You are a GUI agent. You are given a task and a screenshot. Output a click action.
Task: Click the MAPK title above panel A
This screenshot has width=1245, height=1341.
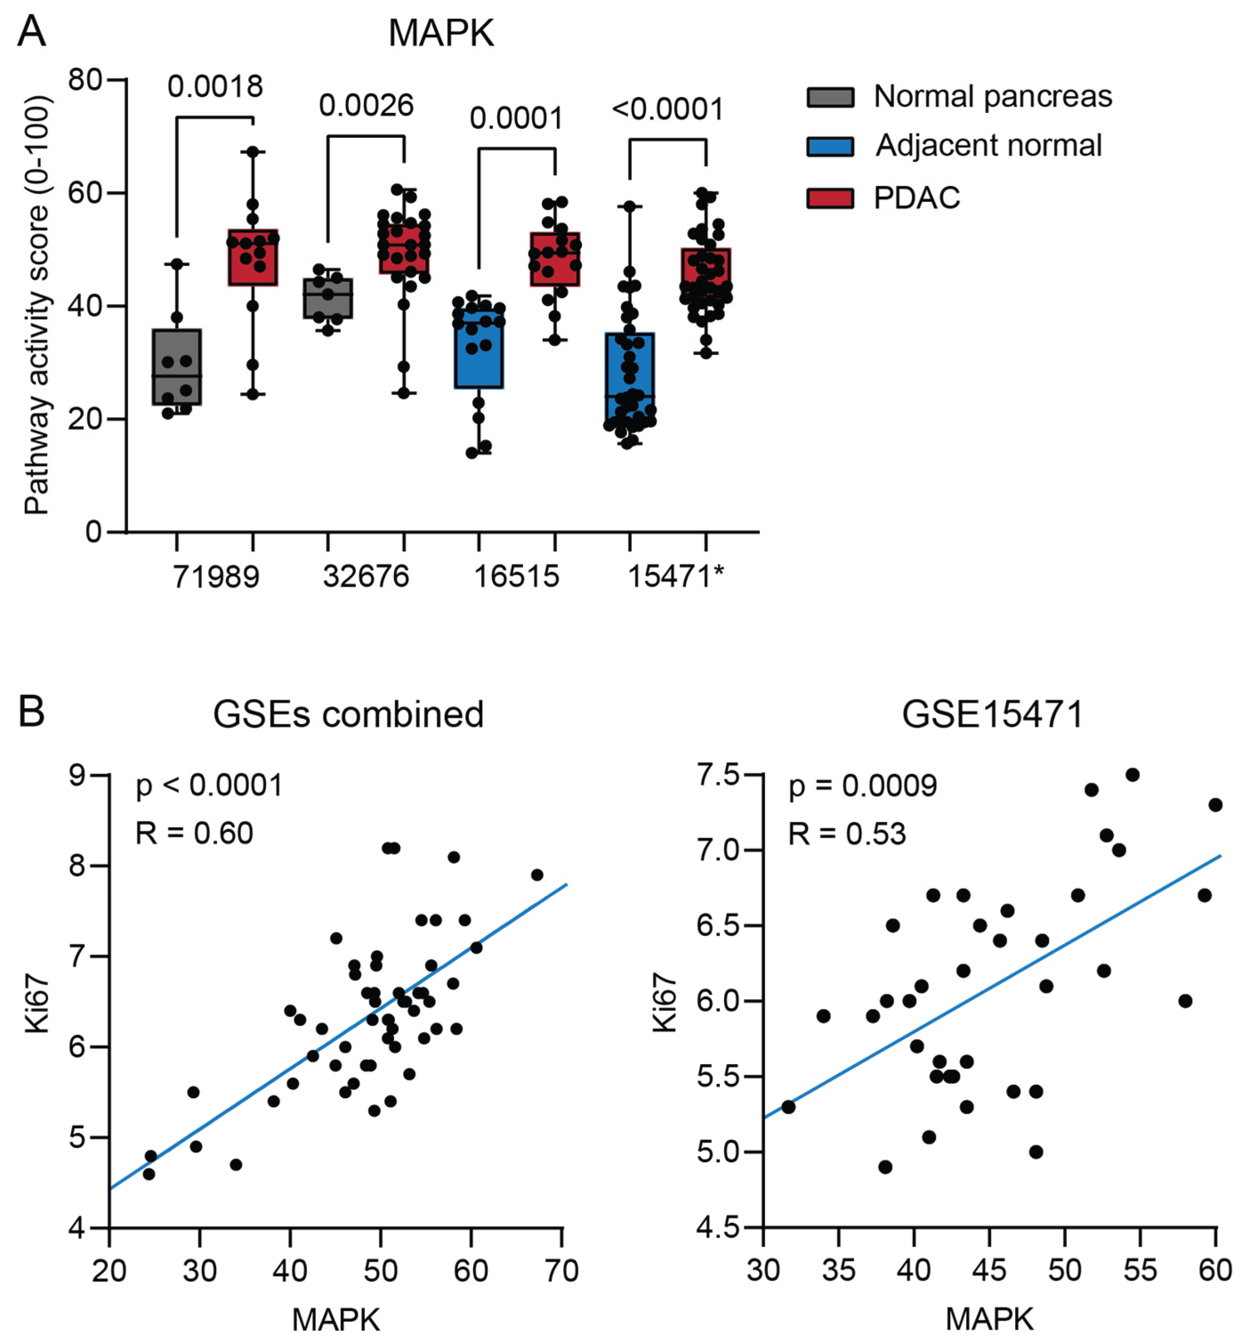(x=441, y=32)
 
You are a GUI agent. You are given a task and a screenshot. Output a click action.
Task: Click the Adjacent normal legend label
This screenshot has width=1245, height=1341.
(x=988, y=145)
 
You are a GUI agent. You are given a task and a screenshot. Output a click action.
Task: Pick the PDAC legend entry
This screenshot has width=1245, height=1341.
(x=916, y=198)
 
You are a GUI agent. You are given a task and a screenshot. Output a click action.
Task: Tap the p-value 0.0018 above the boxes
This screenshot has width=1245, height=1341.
(x=215, y=86)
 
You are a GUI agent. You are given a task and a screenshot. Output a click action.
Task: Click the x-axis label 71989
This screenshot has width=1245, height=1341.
(x=216, y=576)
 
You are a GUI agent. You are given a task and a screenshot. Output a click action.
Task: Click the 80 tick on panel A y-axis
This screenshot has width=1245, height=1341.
(x=85, y=80)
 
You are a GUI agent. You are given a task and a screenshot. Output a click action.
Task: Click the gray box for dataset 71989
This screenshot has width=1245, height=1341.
(x=177, y=367)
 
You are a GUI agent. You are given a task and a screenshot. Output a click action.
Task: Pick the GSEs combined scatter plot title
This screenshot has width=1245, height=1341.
(x=348, y=714)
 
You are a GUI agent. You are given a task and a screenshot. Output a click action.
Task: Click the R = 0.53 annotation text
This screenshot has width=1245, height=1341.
(x=847, y=834)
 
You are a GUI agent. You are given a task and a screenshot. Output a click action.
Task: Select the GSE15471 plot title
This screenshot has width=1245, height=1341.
(x=992, y=714)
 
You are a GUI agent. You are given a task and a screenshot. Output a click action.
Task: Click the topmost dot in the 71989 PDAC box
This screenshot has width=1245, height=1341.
(x=253, y=152)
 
